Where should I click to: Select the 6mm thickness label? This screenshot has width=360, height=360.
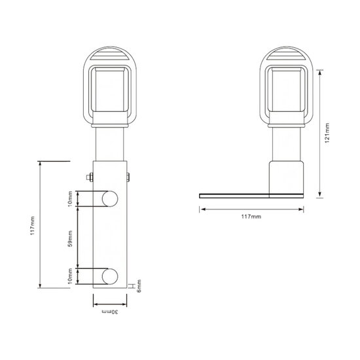[139, 286]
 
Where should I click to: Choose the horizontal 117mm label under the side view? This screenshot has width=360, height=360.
[251, 217]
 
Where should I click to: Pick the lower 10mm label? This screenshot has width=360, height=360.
[71, 276]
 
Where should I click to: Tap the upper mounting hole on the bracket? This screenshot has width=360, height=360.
[109, 197]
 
